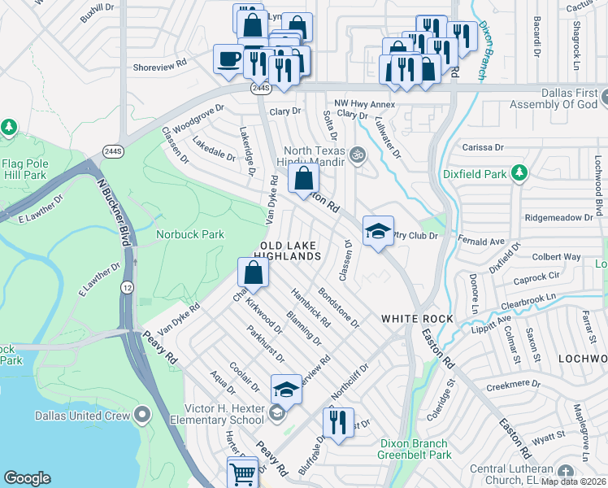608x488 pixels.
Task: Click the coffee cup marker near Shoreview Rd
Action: [227, 59]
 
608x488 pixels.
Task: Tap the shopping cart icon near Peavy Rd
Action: [243, 472]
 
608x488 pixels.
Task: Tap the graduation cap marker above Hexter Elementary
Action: [285, 390]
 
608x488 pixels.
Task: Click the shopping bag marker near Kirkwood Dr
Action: [253, 272]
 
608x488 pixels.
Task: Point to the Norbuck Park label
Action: [189, 235]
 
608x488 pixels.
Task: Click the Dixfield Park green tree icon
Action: [519, 172]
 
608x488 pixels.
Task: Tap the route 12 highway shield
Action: [128, 288]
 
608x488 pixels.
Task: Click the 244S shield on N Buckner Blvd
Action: [113, 151]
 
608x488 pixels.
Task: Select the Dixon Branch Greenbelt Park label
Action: [413, 449]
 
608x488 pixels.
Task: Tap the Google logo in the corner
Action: [28, 477]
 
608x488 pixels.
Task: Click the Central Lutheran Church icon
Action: [567, 470]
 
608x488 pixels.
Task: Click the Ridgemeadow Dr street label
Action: [559, 218]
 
